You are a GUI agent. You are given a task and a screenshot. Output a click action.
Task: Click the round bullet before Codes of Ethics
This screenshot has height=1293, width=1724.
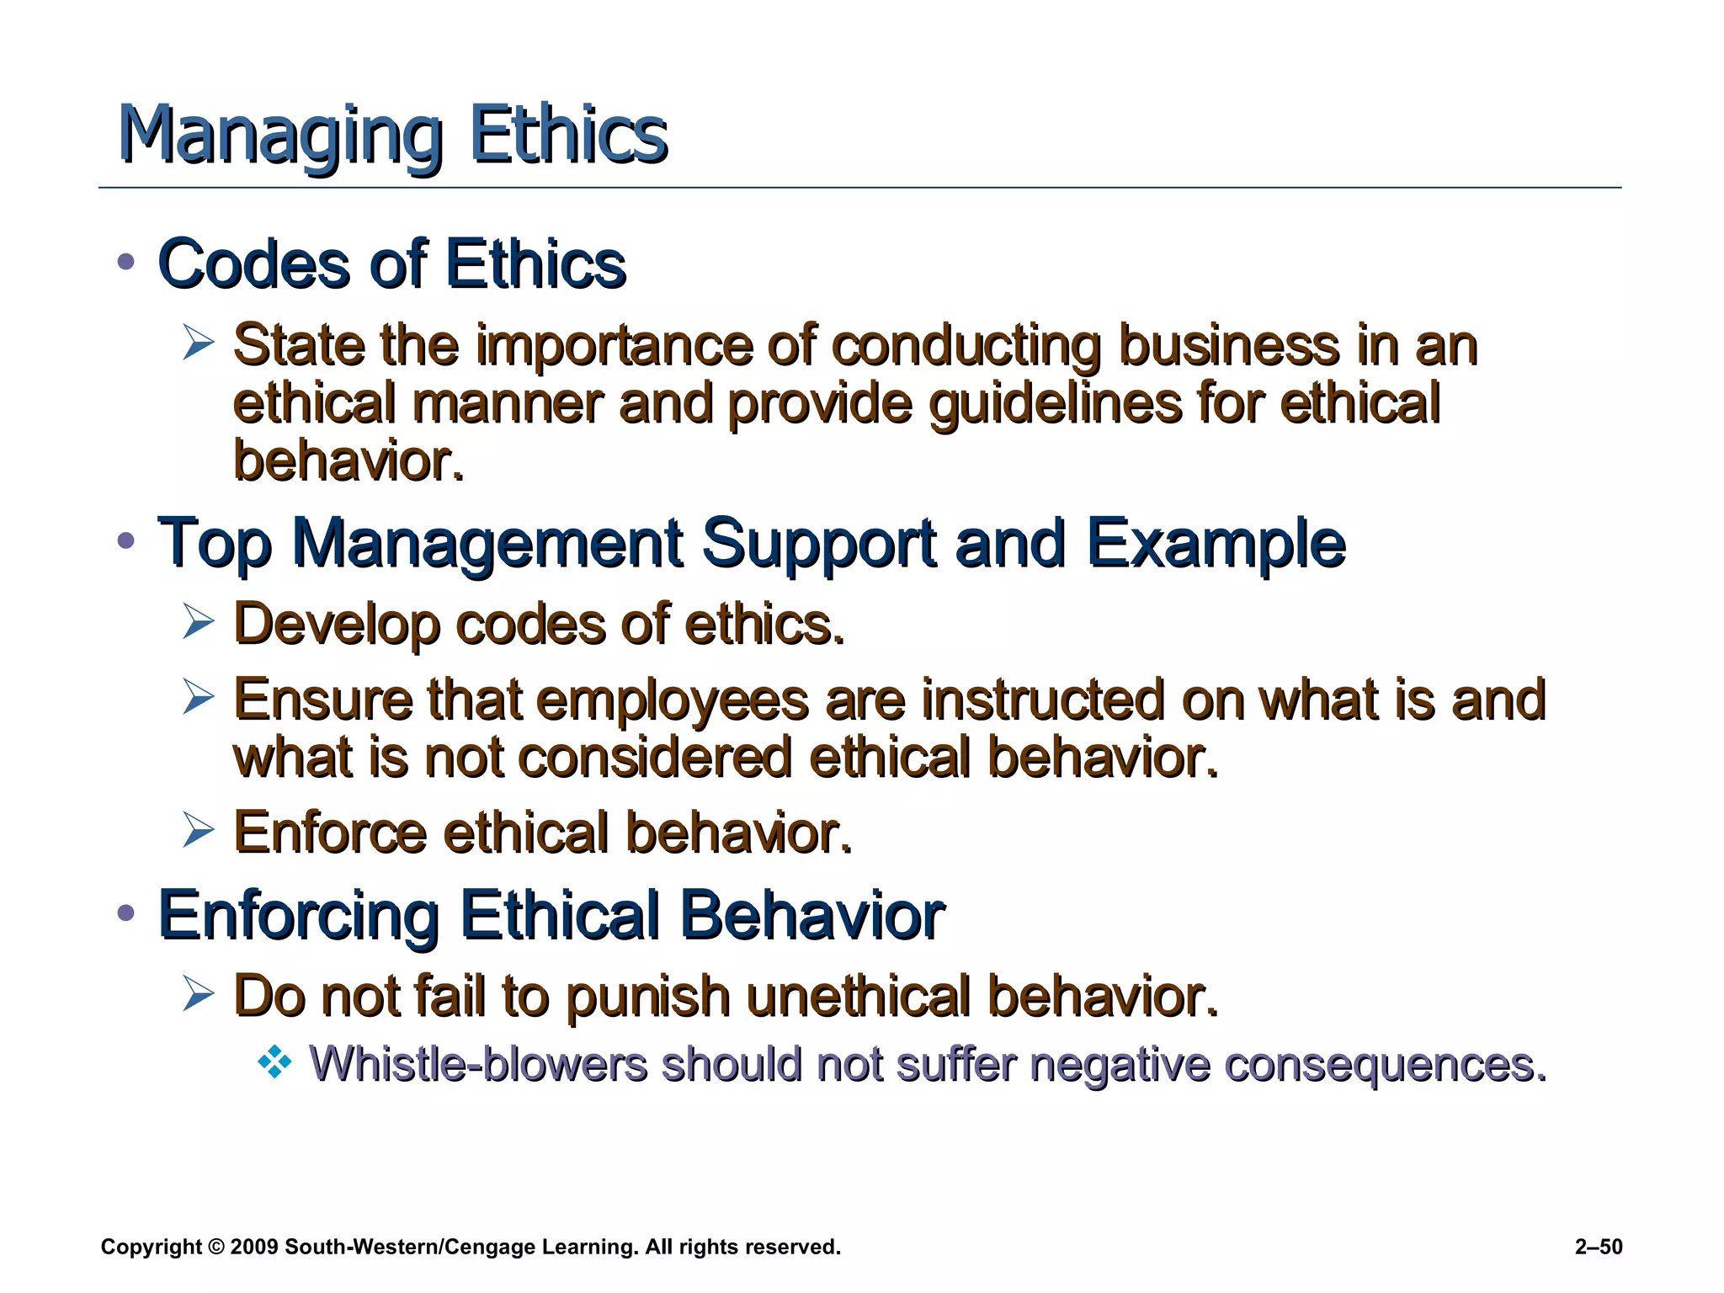(126, 262)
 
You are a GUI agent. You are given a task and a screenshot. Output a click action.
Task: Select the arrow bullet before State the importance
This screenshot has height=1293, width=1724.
(198, 343)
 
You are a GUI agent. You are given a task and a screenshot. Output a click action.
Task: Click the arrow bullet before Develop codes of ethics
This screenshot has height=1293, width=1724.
(198, 623)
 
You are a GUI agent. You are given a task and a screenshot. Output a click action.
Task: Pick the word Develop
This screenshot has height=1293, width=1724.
(336, 625)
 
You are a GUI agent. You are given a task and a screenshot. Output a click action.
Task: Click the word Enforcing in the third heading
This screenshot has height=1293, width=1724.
(298, 916)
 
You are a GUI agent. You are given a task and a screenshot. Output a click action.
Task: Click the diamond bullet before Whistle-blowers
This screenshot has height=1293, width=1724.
(274, 1064)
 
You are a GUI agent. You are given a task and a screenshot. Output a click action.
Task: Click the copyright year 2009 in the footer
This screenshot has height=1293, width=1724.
(253, 1247)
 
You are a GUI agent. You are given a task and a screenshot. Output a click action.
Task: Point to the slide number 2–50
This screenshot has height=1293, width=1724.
(1599, 1247)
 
